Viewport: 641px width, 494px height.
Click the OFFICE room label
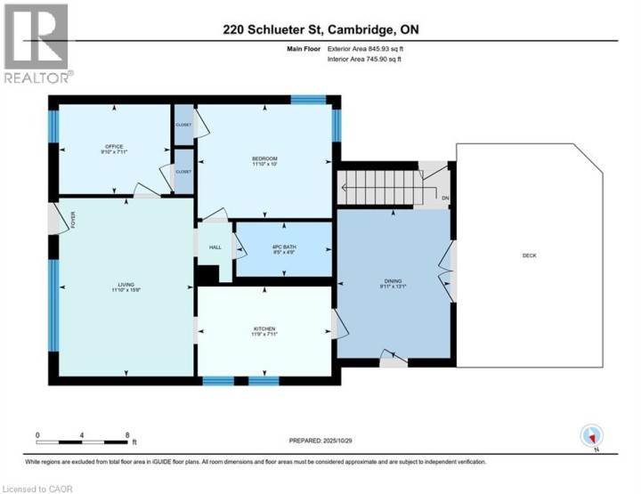tap(113, 147)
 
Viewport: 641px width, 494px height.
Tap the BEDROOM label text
tap(265, 159)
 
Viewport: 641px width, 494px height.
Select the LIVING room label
tap(125, 285)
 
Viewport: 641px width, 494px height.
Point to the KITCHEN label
tap(264, 328)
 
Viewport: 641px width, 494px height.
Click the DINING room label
tap(393, 281)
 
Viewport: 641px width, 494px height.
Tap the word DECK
tap(529, 256)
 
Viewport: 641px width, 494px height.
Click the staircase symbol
tap(377, 188)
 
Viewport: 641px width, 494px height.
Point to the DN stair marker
tap(445, 198)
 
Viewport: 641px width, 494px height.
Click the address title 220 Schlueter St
tap(321, 29)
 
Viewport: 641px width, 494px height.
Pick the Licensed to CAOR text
tap(37, 488)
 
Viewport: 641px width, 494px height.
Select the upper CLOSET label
tap(183, 125)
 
